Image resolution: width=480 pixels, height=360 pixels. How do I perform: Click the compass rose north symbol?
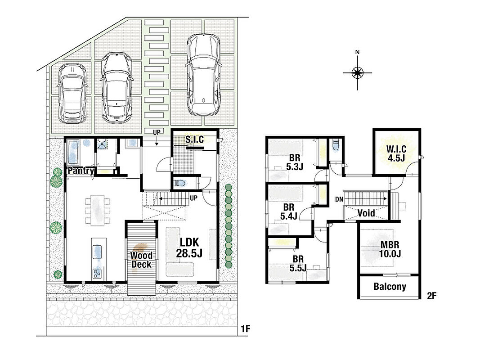tap(357, 72)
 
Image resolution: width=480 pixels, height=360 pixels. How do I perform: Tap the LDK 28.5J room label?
tap(189, 247)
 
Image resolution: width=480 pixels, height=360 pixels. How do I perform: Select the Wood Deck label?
tap(141, 260)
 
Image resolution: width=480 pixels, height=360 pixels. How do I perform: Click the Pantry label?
tap(81, 170)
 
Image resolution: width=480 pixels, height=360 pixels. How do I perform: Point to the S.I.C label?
tap(195, 139)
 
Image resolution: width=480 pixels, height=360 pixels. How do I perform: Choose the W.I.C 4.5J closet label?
tap(396, 153)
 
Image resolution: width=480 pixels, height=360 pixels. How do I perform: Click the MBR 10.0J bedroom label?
tap(390, 249)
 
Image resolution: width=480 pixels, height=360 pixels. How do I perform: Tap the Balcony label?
tap(390, 287)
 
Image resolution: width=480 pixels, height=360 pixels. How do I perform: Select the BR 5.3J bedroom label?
tap(295, 162)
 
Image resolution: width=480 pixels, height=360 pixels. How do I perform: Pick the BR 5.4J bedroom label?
tap(289, 211)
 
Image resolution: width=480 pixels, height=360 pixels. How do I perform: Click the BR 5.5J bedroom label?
tap(298, 264)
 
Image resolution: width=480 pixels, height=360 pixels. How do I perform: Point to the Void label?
tap(366, 213)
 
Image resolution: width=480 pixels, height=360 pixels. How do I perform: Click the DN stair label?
tap(339, 199)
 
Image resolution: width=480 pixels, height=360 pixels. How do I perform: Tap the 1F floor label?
tap(246, 329)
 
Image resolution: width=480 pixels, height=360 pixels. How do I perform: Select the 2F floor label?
tap(431, 296)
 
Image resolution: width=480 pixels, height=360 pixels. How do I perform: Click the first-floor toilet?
tap(180, 183)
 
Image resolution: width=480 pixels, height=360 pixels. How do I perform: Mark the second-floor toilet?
tap(335, 145)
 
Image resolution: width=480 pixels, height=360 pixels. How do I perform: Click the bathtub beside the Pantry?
tap(73, 153)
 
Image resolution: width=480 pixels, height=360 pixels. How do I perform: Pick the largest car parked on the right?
tap(204, 75)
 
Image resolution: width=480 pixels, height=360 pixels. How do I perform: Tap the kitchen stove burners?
tap(97, 273)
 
